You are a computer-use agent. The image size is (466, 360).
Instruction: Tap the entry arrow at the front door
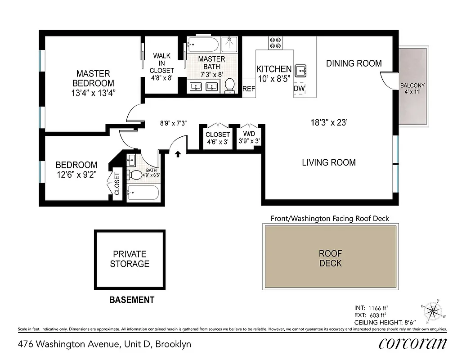(178, 154)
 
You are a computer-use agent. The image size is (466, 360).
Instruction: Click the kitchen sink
(300, 71)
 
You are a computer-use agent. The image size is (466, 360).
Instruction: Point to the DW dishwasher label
(300, 89)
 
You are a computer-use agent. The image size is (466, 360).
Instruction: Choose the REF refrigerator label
(249, 89)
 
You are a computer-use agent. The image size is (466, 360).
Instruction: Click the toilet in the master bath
(230, 85)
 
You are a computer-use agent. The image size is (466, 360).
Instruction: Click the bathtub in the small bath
(143, 193)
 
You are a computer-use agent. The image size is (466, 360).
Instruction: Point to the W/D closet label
(249, 138)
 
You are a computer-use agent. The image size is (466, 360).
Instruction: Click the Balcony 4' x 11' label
(412, 89)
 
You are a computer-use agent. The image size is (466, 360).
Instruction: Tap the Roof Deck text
(331, 258)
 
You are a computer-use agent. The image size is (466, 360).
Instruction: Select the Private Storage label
(130, 259)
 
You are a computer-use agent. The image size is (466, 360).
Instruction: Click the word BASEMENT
(132, 300)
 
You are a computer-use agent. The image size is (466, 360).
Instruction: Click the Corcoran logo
(413, 344)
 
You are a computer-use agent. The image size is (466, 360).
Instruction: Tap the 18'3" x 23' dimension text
(329, 122)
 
